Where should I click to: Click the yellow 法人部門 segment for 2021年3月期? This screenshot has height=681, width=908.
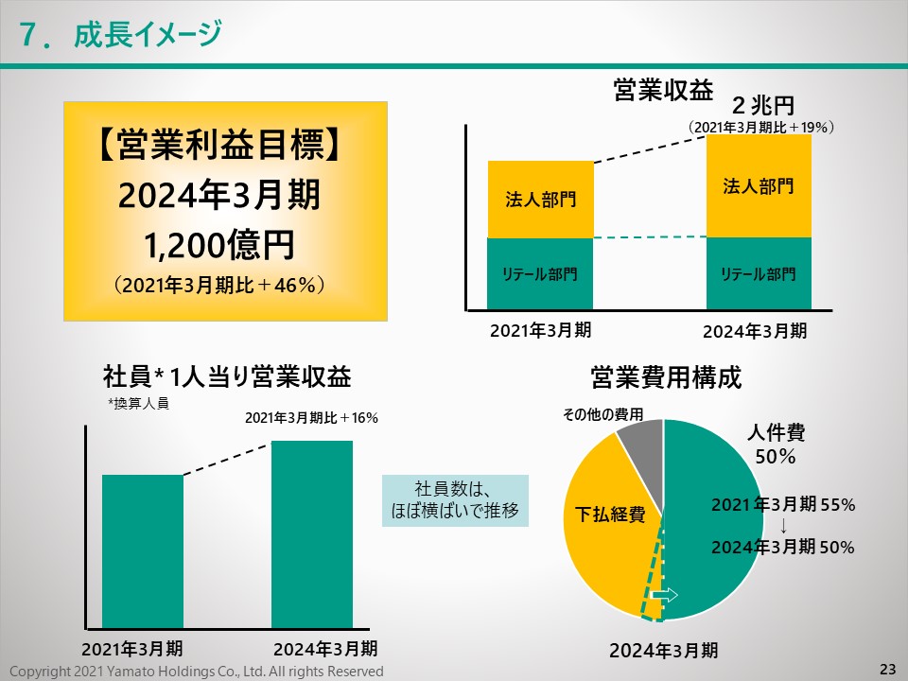(540, 199)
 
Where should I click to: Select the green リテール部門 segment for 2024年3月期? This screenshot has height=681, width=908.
(759, 274)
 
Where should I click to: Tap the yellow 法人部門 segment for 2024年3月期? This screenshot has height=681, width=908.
(759, 185)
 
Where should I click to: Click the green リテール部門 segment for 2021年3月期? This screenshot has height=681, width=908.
(540, 274)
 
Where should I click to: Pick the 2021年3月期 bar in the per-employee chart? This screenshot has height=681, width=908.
(142, 550)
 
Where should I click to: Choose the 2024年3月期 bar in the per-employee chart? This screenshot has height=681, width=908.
(312, 533)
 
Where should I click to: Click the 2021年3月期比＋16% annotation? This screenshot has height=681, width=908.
(311, 417)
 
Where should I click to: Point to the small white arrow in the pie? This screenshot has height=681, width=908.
(667, 595)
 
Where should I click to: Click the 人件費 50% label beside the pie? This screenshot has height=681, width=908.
(775, 445)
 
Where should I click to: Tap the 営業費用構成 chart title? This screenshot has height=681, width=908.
(666, 377)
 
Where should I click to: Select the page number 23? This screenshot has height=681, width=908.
(887, 669)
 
